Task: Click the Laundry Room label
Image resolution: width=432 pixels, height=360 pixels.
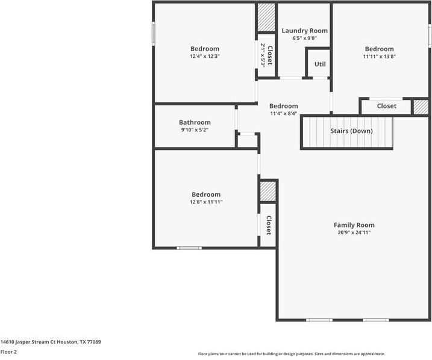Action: (x=304, y=31)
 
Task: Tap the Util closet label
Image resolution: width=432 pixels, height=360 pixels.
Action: (x=319, y=64)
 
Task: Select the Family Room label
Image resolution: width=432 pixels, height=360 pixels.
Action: (x=354, y=225)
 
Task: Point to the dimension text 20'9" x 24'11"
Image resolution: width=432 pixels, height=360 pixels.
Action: (x=354, y=232)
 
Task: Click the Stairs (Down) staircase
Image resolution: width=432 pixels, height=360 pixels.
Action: (x=347, y=132)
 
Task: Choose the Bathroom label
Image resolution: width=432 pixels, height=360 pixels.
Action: (x=195, y=122)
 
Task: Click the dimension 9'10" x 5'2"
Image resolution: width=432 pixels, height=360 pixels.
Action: (x=195, y=130)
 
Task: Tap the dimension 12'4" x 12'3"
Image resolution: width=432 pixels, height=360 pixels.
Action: (x=205, y=57)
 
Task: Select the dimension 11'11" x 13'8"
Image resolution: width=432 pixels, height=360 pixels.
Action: (x=379, y=57)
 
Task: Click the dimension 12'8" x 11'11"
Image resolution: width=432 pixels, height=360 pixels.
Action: (x=206, y=202)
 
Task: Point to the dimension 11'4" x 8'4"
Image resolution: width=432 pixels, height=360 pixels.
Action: (x=283, y=113)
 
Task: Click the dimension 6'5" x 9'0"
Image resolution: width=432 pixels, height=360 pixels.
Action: (x=304, y=39)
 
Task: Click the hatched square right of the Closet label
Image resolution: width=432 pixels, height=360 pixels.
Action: (x=420, y=107)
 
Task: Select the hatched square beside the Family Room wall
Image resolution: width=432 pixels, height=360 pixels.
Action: (x=267, y=192)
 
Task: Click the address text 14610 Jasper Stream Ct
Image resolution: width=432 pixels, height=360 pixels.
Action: (x=51, y=342)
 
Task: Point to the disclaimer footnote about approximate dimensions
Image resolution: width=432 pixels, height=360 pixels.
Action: (x=291, y=354)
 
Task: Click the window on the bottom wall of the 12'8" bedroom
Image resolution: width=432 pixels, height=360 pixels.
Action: (x=189, y=247)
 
